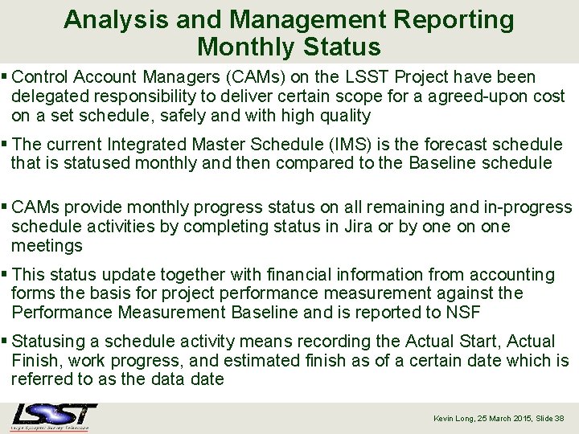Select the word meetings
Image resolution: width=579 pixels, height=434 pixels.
pos(47,246)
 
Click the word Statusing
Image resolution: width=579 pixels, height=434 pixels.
pos(50,342)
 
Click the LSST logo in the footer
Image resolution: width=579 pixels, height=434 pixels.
pos(54,416)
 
